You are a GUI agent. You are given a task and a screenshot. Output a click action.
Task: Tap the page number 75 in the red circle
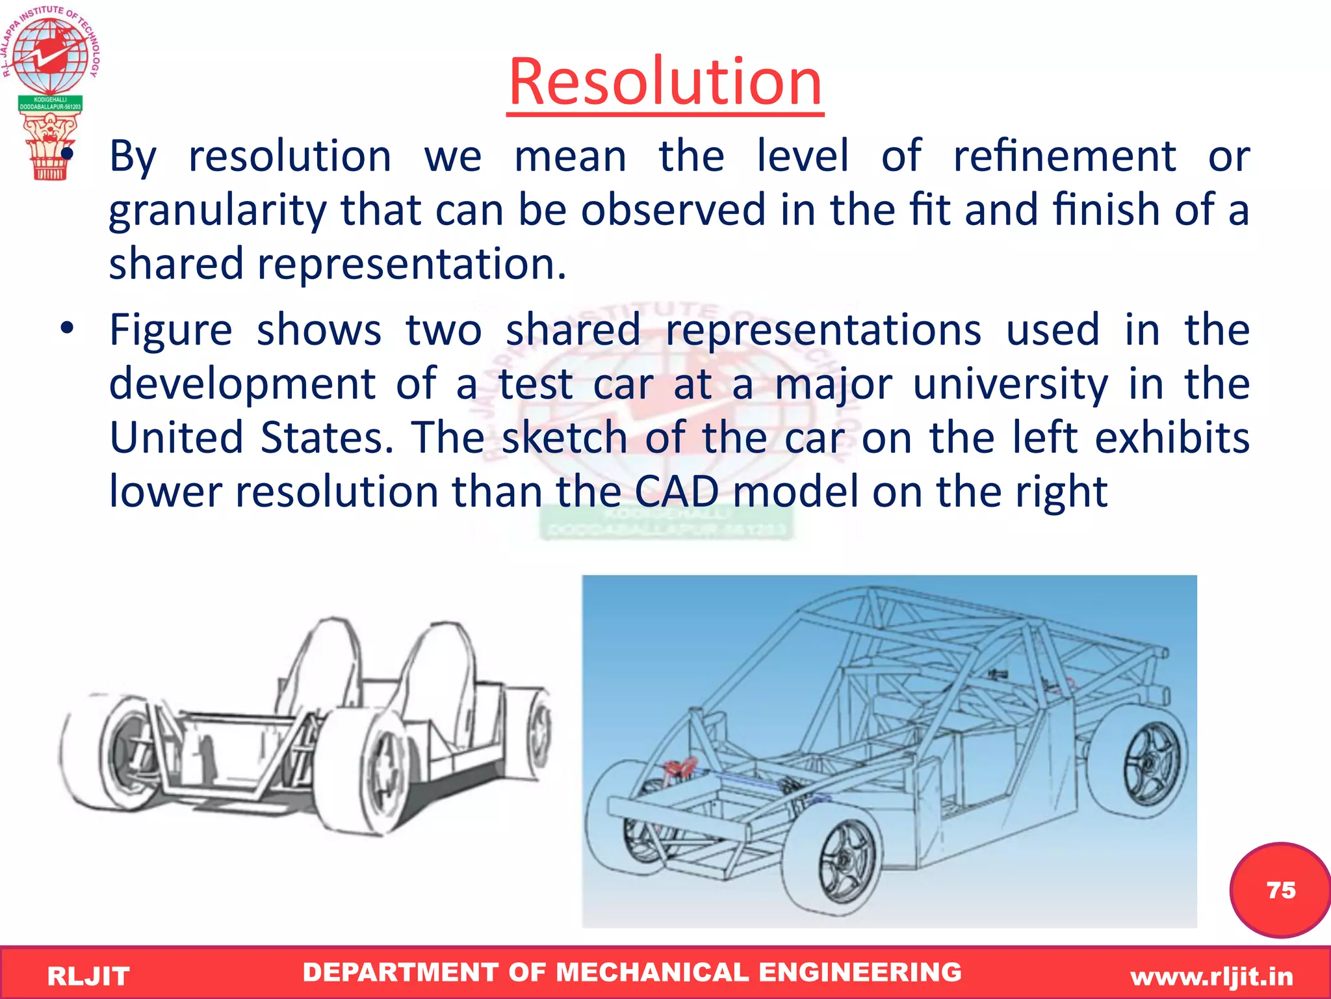[1280, 890]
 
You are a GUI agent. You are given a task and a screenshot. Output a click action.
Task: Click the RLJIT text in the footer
[88, 976]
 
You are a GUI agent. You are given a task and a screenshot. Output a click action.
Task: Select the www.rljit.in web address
[1211, 976]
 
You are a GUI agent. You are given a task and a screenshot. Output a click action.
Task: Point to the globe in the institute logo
[51, 55]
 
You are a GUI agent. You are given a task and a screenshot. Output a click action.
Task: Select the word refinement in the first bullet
[1065, 156]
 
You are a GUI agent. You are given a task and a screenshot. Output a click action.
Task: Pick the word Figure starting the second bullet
[170, 330]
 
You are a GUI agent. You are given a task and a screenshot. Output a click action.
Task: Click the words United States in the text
[251, 437]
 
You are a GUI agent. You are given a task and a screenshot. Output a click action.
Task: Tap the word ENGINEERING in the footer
[860, 972]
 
